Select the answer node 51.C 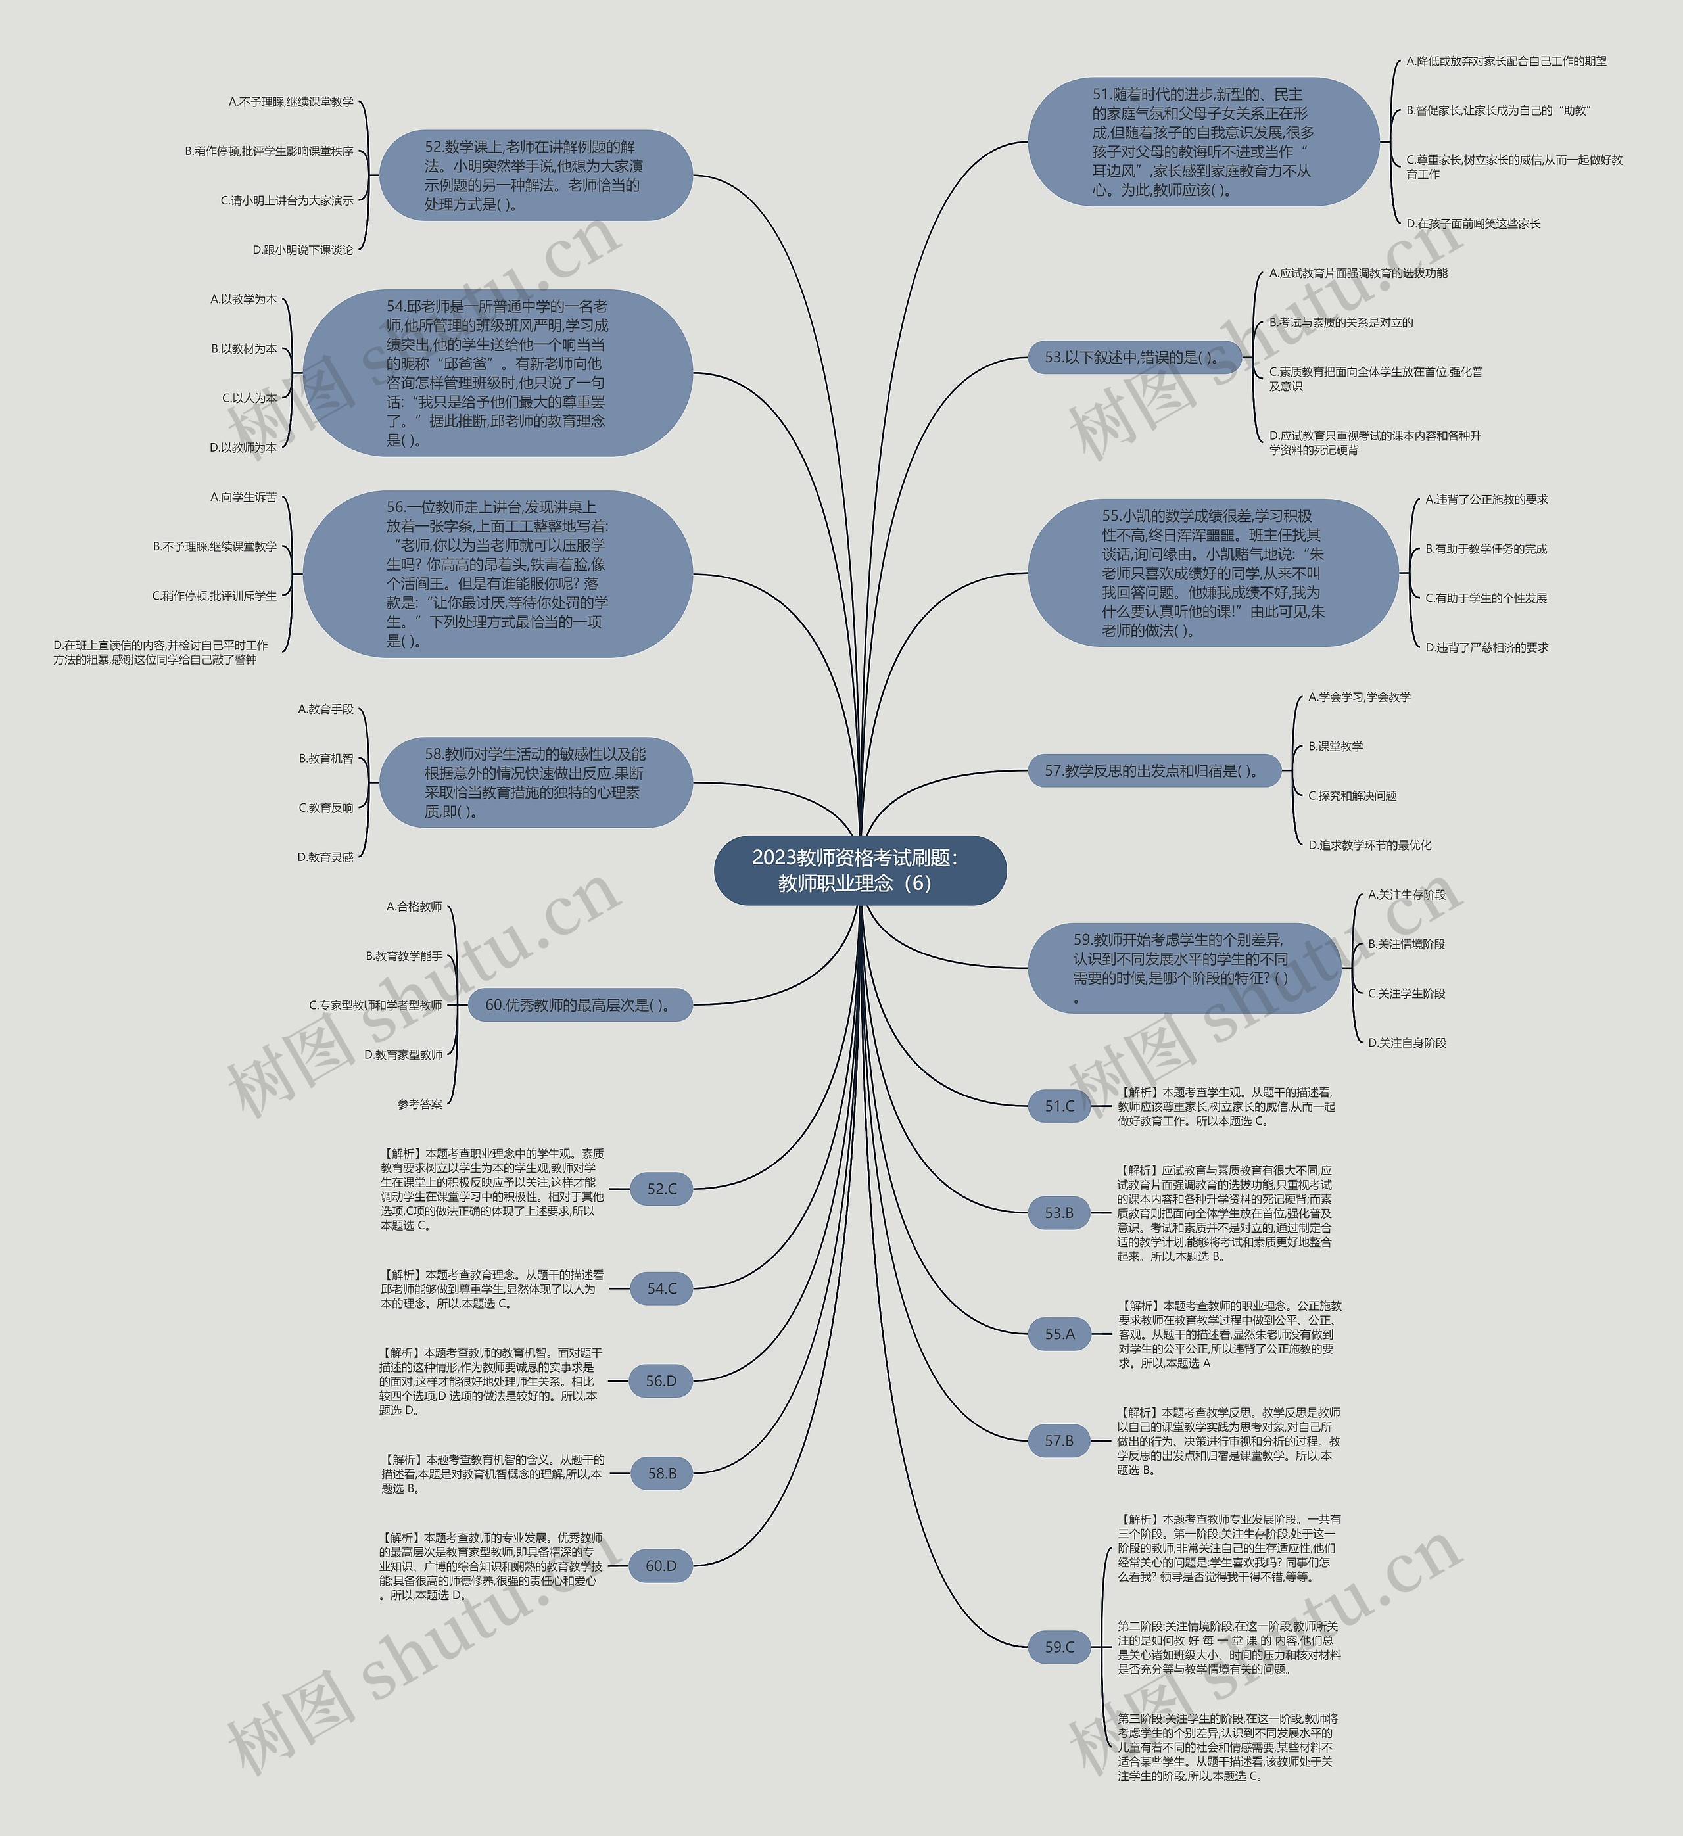coord(1059,1106)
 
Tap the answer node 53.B coord(1059,1212)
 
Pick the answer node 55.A coord(1059,1333)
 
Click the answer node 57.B coord(1059,1440)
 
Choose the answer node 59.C coord(1059,1647)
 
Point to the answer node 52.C coord(662,1189)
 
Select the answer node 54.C coord(662,1288)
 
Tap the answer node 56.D coord(661,1380)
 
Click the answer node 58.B coord(662,1472)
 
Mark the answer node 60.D coord(661,1566)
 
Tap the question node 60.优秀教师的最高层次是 coord(580,1004)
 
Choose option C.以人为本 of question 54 coord(250,398)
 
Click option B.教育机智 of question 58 coord(326,758)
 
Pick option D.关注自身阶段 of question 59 coord(1407,1043)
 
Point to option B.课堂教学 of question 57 coord(1336,746)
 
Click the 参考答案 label coord(420,1104)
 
